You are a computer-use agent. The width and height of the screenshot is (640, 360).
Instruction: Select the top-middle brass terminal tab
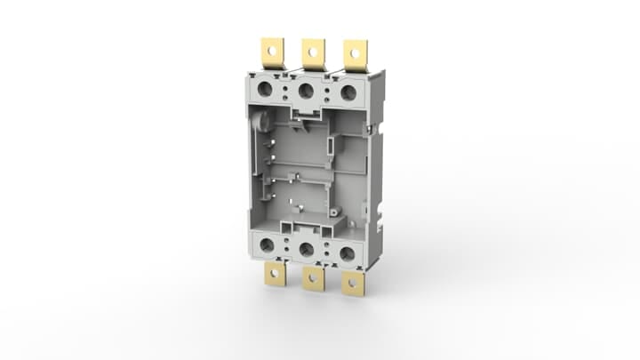[313, 52]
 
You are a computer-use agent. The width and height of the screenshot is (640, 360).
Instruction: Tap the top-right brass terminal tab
[356, 53]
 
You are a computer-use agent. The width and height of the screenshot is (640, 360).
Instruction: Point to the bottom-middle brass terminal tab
[313, 279]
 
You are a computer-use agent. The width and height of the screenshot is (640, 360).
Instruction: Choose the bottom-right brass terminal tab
[354, 284]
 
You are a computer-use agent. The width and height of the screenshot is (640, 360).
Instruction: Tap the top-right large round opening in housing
[348, 92]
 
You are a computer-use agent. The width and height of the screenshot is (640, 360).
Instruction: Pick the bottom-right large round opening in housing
[347, 254]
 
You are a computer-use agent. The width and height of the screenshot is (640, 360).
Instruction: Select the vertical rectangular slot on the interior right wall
[330, 146]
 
